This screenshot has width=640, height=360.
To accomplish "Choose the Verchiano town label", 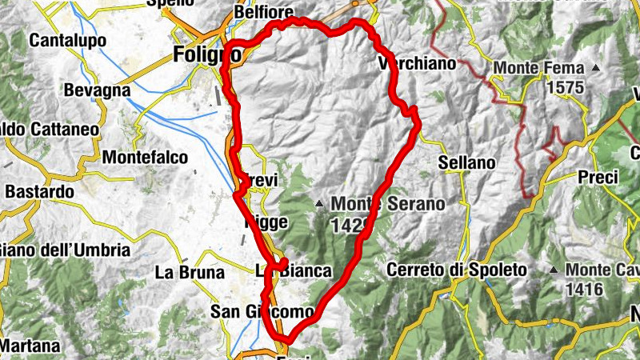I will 416,63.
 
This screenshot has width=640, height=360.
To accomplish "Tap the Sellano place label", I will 467,162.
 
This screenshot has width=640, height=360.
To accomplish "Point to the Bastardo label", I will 39,192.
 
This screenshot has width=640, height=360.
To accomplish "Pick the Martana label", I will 30,346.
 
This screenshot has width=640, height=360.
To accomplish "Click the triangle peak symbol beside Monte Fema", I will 595,68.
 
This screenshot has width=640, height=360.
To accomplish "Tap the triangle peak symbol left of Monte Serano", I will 320,204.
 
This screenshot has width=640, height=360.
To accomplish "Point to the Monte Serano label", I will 387,204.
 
